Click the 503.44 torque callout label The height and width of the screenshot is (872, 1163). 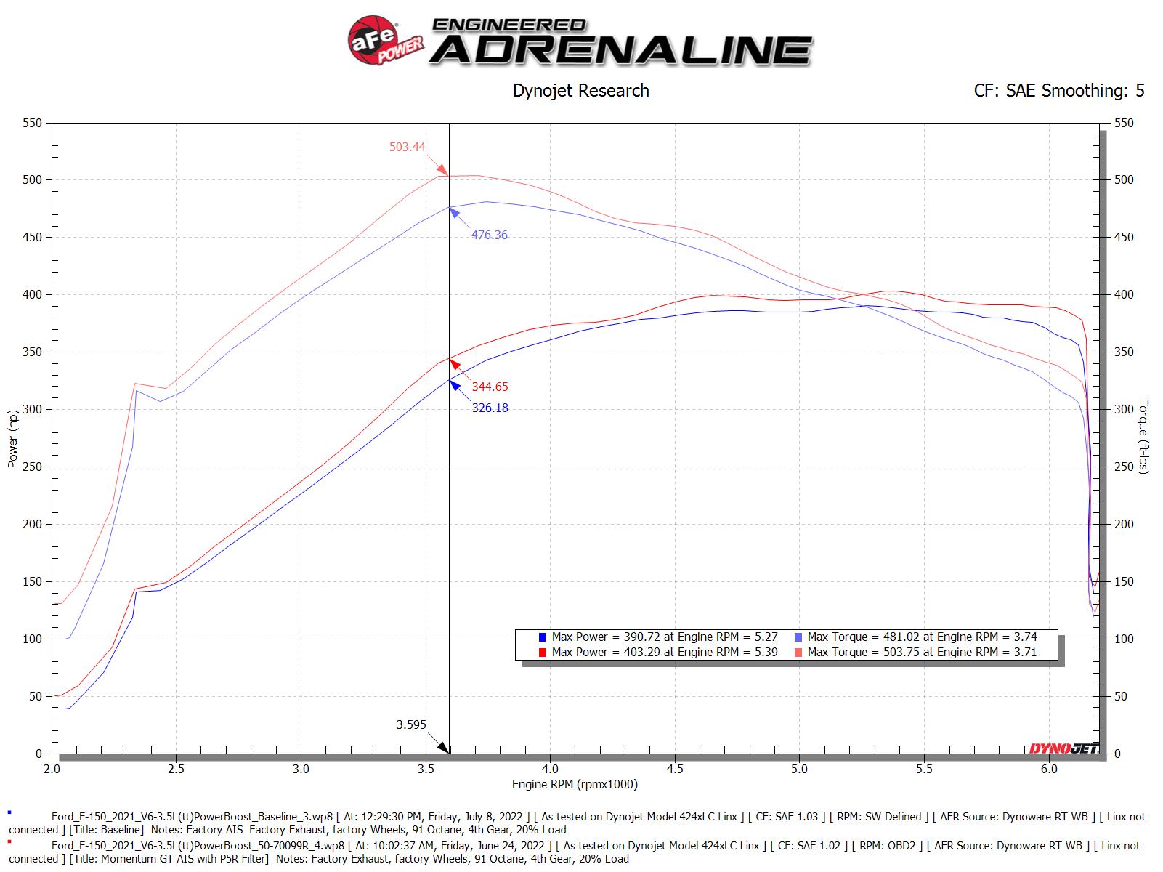tap(407, 147)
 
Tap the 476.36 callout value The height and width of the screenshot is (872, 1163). tap(489, 235)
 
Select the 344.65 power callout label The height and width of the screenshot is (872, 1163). tap(490, 387)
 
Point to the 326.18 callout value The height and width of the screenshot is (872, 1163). tap(490, 408)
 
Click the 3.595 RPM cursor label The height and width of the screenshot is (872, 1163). tap(411, 724)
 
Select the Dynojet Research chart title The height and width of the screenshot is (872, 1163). tap(580, 91)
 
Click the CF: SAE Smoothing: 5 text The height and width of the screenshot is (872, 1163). tap(1058, 91)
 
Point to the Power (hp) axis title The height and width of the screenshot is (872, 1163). tap(13, 439)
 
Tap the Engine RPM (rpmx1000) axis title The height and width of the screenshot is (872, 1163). tap(574, 784)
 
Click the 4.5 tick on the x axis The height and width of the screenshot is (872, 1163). tap(675, 768)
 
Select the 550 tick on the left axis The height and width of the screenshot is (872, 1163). tap(33, 124)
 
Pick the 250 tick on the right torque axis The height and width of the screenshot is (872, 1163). tap(1124, 467)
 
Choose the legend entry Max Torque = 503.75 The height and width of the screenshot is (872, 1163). tap(921, 652)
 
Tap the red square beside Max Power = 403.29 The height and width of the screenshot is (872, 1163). tap(542, 653)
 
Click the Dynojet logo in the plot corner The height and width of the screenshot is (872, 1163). tap(1063, 748)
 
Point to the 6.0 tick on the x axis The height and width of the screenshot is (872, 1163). tap(1048, 768)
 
